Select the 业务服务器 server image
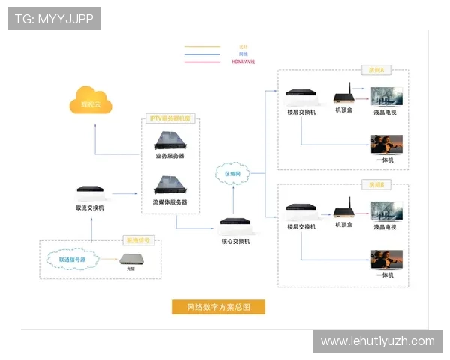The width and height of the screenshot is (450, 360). [x=169, y=139]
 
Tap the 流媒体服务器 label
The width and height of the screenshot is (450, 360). [x=170, y=202]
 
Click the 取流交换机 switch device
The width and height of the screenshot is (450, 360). [x=90, y=192]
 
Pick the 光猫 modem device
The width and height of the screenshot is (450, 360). [x=134, y=260]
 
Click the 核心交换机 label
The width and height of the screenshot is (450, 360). [x=235, y=241]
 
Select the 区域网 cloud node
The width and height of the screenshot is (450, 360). [x=234, y=173]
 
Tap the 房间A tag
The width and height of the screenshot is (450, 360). [x=376, y=70]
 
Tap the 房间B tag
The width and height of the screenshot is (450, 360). [x=376, y=184]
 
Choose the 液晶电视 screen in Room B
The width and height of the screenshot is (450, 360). [x=387, y=211]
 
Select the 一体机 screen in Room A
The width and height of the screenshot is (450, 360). [x=387, y=144]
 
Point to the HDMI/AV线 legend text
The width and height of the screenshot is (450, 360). [x=244, y=61]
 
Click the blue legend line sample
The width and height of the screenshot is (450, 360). [x=202, y=54]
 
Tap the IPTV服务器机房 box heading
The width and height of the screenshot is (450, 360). [x=171, y=118]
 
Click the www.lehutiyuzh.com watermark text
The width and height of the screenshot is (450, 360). [x=378, y=340]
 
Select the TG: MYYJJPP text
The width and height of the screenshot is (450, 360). [x=54, y=19]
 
